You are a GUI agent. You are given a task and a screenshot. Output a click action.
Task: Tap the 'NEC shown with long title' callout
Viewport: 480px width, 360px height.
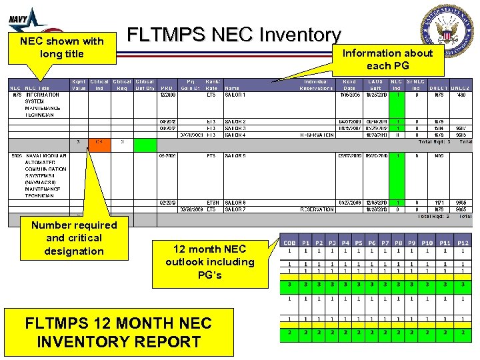(62, 47)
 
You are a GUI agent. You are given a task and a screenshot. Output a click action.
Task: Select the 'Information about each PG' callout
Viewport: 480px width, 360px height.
(387, 59)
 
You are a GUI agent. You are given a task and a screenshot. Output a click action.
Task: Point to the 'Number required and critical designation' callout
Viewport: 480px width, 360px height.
(74, 238)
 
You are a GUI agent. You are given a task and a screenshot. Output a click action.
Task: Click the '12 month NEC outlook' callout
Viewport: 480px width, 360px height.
(210, 262)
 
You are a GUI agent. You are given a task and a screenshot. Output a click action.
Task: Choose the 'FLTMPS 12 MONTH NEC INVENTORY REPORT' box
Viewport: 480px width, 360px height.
(118, 333)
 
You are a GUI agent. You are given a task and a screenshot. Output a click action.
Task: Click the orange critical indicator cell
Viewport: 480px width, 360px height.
(99, 141)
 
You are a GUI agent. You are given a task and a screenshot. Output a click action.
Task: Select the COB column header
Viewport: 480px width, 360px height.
(289, 243)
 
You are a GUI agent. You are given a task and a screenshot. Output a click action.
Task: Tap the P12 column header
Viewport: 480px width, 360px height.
(462, 243)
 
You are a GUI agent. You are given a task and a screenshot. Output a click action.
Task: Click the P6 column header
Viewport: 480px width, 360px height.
(372, 243)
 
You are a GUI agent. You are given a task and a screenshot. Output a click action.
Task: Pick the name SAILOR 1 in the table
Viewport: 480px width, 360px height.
(235, 95)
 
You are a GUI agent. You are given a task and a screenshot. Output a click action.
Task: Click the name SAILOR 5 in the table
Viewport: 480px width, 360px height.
(235, 156)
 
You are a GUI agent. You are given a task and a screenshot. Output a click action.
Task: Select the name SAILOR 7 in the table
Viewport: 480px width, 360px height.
(235, 209)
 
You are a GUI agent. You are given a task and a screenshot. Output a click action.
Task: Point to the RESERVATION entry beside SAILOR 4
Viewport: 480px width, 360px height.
(316, 135)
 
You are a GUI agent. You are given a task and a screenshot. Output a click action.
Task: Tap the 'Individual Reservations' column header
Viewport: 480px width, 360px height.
(316, 85)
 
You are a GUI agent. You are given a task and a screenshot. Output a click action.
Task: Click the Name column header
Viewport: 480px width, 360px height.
(232, 88)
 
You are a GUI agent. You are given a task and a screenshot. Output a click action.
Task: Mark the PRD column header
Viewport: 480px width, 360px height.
(166, 88)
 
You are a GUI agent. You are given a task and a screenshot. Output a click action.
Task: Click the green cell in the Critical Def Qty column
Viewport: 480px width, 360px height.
(144, 141)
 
